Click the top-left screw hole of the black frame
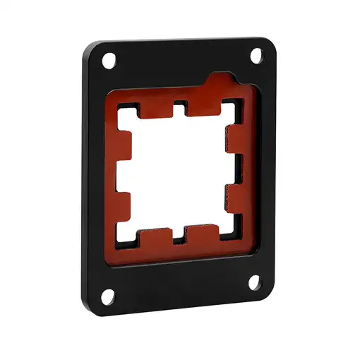tap(109, 62)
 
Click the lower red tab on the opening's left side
tap(123, 205)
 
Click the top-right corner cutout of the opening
tap(230, 107)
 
